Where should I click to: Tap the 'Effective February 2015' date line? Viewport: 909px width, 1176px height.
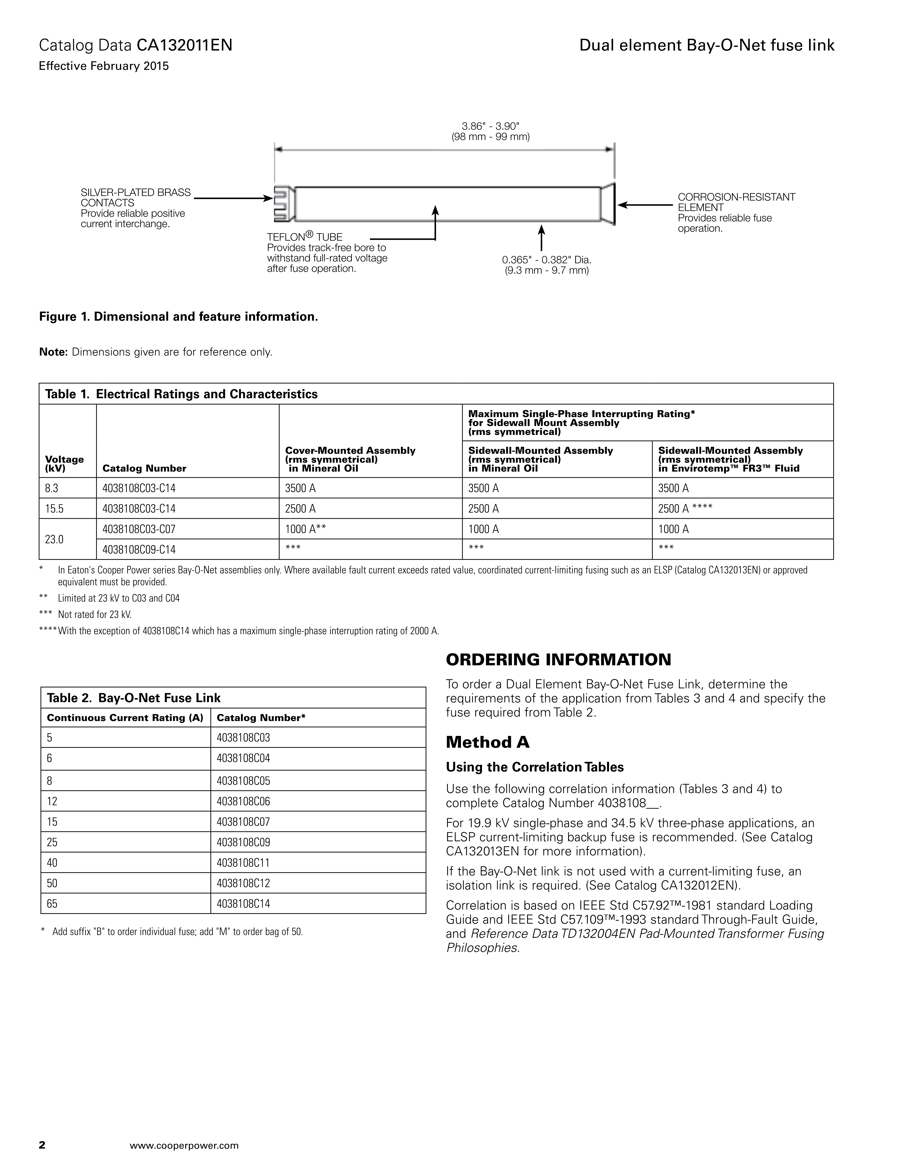pyautogui.click(x=104, y=66)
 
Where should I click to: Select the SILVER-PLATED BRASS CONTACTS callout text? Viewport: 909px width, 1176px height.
pyautogui.click(x=136, y=198)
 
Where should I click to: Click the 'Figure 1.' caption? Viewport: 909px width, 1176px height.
pyautogui.click(x=178, y=317)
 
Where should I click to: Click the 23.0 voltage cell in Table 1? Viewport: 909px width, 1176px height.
pyautogui.click(x=54, y=539)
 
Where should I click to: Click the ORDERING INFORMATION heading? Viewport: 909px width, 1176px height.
pyautogui.click(x=558, y=660)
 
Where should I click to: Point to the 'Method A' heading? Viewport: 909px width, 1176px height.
pyautogui.click(x=487, y=743)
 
